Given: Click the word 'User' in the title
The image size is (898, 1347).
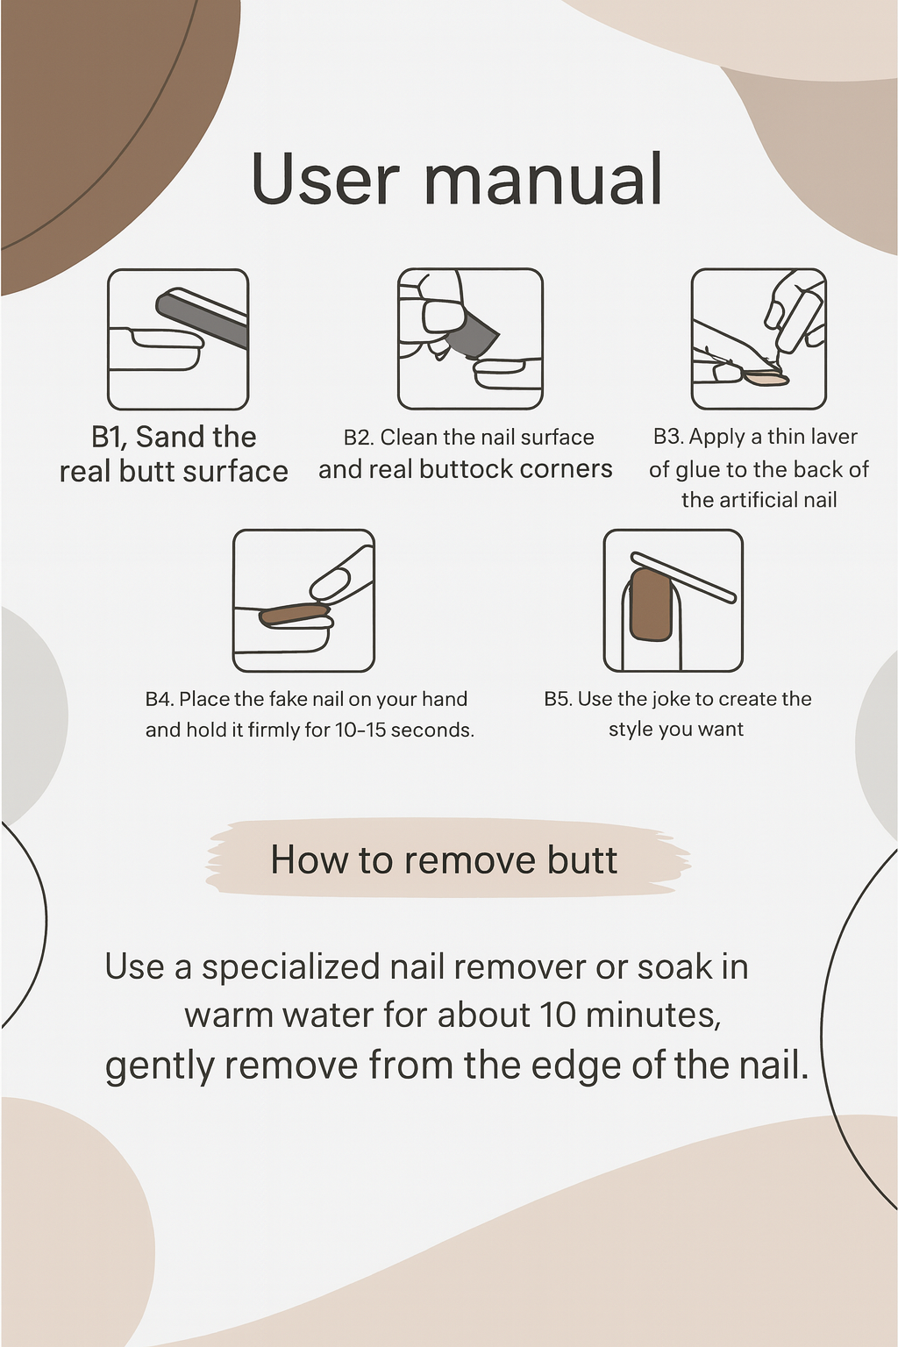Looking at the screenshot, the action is click(x=326, y=179).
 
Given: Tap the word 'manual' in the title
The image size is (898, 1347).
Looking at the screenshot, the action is click(x=544, y=179).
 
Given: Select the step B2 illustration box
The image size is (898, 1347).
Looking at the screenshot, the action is click(x=470, y=339).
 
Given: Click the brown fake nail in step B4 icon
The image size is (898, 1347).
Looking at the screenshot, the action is click(x=295, y=614).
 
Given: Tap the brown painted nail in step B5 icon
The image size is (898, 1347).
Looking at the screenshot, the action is click(x=651, y=604).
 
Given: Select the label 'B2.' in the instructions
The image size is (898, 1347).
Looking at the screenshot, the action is click(x=359, y=438).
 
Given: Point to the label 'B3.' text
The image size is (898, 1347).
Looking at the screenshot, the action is click(x=668, y=437).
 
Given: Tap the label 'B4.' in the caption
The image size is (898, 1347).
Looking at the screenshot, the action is click(x=160, y=699).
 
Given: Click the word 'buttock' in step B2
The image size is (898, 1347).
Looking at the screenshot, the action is click(x=467, y=469).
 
